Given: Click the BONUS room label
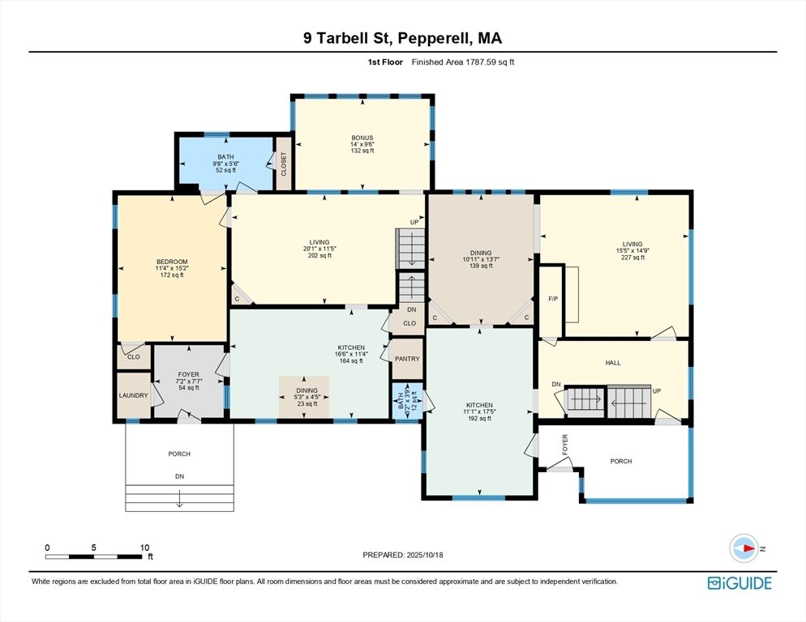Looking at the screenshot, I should pyautogui.click(x=362, y=138).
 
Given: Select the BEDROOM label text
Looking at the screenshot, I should pyautogui.click(x=172, y=262).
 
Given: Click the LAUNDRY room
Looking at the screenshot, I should pyautogui.click(x=132, y=395).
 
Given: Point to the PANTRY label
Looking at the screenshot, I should pyautogui.click(x=407, y=359).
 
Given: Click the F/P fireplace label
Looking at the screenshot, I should pyautogui.click(x=553, y=298).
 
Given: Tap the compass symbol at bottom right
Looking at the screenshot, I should pyautogui.click(x=744, y=548).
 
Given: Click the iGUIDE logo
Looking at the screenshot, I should pyautogui.click(x=739, y=582).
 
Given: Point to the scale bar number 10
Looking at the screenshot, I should pyautogui.click(x=144, y=547).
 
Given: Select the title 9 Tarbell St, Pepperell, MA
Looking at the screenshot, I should pyautogui.click(x=402, y=38).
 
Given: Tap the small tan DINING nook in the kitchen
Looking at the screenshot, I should pyautogui.click(x=305, y=397).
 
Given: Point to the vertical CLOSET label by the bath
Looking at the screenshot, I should pyautogui.click(x=284, y=164).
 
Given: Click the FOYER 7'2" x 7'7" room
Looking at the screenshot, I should pyautogui.click(x=188, y=381).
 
